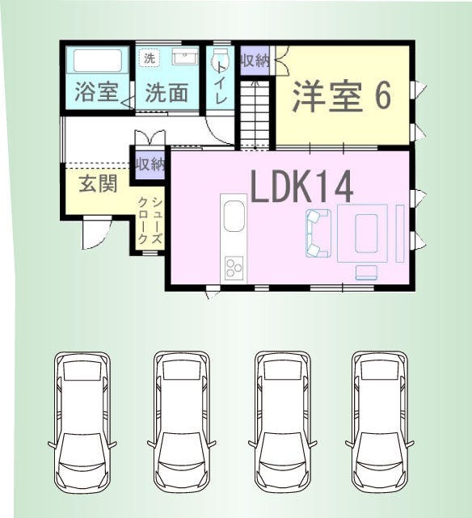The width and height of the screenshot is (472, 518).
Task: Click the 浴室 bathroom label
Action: (97, 91)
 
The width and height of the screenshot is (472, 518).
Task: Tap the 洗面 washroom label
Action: (167, 92)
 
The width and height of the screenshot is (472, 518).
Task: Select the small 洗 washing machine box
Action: (150, 58)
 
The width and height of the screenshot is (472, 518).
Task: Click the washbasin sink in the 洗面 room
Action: (185, 59)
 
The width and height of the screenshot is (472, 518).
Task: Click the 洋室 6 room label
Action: (342, 95)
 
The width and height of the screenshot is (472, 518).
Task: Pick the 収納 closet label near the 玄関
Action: (150, 164)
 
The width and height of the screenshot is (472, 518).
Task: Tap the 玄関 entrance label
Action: (98, 183)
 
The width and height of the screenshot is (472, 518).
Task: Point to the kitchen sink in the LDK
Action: (234, 216)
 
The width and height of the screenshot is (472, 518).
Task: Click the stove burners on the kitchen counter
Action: (234, 267)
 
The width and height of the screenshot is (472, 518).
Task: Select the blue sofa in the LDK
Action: (318, 233)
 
